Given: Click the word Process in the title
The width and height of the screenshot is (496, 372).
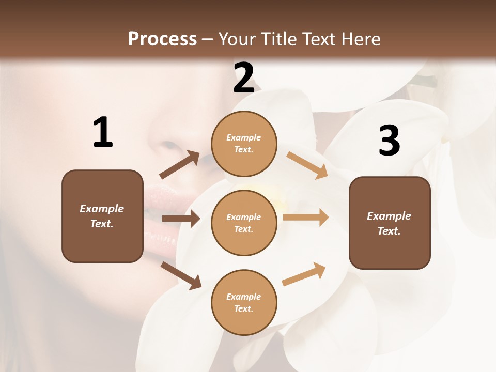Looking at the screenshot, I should pos(162,39).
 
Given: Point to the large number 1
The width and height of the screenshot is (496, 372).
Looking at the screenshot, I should pos(103,133).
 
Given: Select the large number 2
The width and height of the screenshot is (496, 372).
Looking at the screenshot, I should pos(244,79).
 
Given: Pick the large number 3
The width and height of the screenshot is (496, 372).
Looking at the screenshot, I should pos(389,141).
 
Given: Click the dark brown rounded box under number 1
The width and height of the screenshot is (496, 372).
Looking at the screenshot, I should pos(102,216).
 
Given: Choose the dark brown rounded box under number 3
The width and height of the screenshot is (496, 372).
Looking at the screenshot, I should pos(390,223).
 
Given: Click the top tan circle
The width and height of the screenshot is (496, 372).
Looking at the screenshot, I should pos(244,144).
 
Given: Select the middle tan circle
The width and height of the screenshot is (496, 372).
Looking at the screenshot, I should pos(244,223).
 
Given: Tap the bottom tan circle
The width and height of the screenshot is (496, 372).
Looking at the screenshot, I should pos(244,302).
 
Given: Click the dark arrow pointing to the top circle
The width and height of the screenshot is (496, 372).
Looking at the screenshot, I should pos(180,165).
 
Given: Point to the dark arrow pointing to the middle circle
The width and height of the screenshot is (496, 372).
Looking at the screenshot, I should pos(181,219).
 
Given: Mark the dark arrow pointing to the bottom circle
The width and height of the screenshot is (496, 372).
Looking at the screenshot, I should pos(181,275).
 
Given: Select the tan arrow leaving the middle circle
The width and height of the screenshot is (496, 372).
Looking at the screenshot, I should pos(306,218).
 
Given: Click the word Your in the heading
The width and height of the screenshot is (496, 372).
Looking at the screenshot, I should pos(236,39).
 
